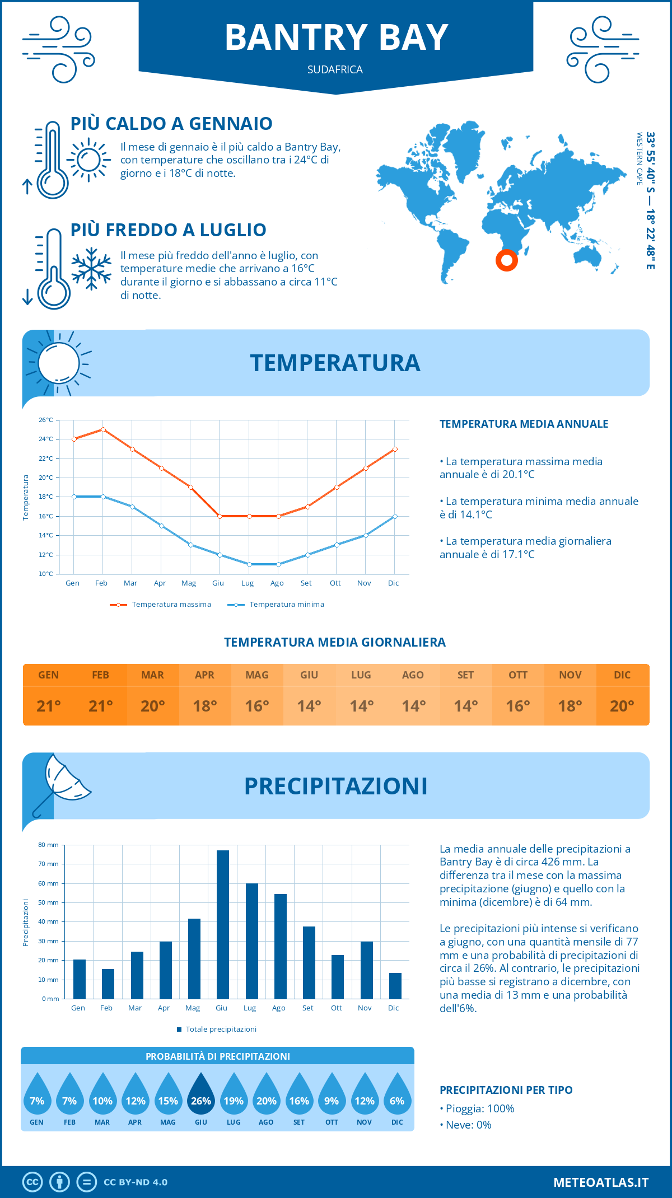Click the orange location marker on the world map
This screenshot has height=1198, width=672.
pos(506,260)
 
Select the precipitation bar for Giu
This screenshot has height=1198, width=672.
pos(222,924)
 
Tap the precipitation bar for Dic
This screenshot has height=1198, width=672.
pos(395,986)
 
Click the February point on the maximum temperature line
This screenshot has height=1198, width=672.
pos(103,429)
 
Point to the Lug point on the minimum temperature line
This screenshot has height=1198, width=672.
pos(249,564)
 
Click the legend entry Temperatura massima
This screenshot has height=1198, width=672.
pos(161,605)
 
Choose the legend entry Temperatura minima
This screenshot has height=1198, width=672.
pos(276,605)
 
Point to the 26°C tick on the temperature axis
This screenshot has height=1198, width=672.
pos(46,420)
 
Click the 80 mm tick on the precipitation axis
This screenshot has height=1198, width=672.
pos(48,845)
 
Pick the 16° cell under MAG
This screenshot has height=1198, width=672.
pos(257,706)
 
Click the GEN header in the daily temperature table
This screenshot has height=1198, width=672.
pos(49,675)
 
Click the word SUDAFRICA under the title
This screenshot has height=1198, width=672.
pos(335,70)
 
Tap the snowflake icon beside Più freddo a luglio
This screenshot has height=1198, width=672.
pos(91,269)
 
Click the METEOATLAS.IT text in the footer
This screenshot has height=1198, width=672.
pos(600,1182)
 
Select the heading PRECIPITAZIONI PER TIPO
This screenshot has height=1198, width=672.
pos(506,1090)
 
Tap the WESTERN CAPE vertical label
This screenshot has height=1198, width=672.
pos(639,159)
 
